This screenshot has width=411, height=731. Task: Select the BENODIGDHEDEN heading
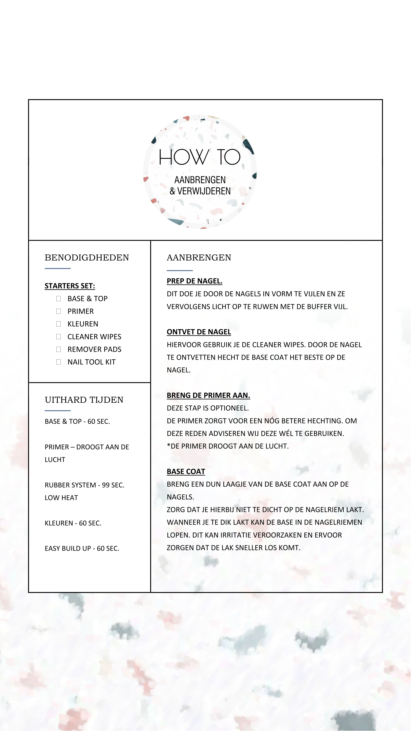click(87, 258)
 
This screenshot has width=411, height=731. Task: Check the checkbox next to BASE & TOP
click(59, 298)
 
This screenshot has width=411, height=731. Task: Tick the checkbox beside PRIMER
click(59, 311)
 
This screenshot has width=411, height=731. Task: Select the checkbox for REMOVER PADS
click(59, 349)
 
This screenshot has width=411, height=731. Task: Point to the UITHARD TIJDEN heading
click(84, 400)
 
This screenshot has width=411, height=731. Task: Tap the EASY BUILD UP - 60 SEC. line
click(82, 549)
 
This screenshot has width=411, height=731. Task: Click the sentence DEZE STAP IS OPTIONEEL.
click(208, 408)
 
